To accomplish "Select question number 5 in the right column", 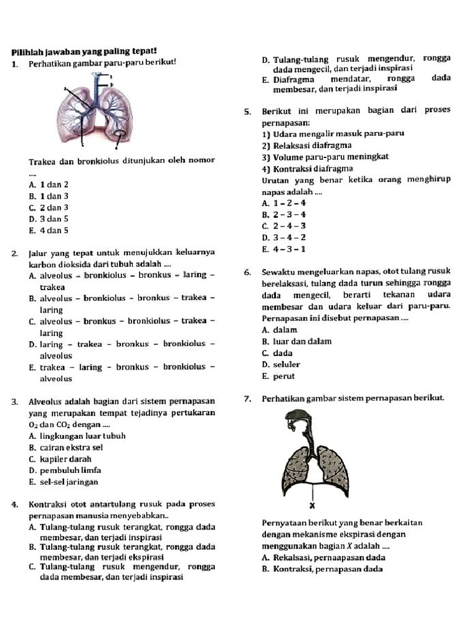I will pyautogui.click(x=247, y=112).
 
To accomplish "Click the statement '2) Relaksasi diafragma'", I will pyautogui.click(x=307, y=146).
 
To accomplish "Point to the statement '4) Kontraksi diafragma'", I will pyautogui.click(x=307, y=168).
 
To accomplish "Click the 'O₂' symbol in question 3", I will pyautogui.click(x=33, y=425).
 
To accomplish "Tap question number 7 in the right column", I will pyautogui.click(x=247, y=399).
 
